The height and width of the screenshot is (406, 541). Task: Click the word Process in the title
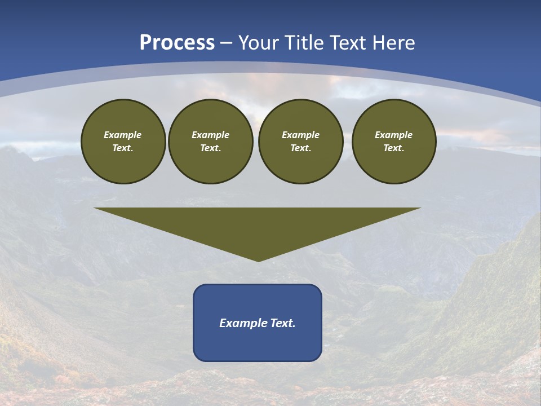pos(177,43)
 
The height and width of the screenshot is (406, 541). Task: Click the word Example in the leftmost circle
pos(123,135)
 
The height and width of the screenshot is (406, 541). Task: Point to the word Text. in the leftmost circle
pos(123,148)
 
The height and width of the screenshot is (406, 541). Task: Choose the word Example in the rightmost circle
pos(393,135)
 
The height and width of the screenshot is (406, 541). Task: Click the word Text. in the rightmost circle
pos(393,148)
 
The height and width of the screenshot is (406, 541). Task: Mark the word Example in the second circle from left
pos(210,135)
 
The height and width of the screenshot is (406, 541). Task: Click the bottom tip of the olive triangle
pos(258,260)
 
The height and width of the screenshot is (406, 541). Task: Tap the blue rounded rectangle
pos(258,344)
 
